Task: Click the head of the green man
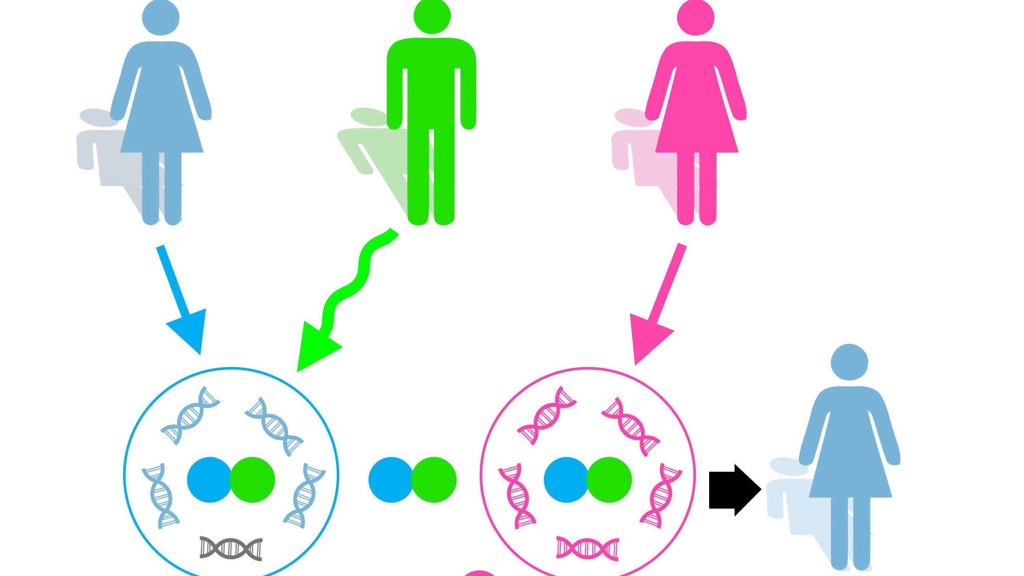tap(432, 16)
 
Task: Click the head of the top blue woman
tap(161, 18)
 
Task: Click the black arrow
tap(734, 490)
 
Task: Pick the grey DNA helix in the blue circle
tap(231, 549)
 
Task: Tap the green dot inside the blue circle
tap(252, 479)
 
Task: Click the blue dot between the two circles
tap(391, 479)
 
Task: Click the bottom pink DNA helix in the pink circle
tap(588, 549)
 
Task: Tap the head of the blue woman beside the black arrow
tap(849, 362)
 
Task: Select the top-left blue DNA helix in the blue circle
tap(190, 416)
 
